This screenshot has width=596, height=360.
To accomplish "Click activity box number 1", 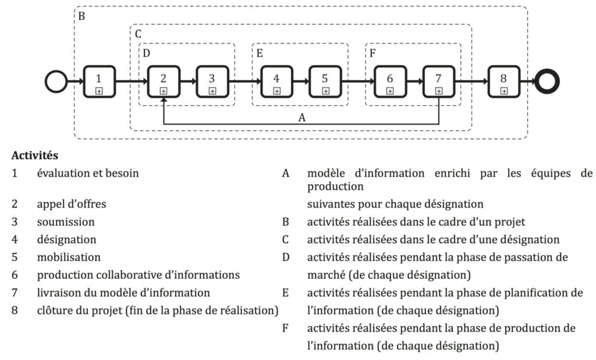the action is (99, 81).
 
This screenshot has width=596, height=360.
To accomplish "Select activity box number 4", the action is (276, 81).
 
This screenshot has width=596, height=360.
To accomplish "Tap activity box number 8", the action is (503, 81).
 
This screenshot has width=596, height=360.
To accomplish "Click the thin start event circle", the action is (56, 81).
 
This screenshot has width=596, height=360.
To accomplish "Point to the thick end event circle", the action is (547, 81).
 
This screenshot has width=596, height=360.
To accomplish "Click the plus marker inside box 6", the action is (390, 91).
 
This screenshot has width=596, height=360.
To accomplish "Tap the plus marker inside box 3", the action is (212, 91).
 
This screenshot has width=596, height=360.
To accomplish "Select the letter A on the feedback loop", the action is (302, 117).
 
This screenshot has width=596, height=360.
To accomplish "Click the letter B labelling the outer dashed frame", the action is (81, 16).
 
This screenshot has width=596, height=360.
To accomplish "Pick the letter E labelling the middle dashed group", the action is (260, 53).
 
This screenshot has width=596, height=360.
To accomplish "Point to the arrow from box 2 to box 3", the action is (188, 81).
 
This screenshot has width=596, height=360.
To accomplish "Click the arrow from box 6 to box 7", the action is (414, 81).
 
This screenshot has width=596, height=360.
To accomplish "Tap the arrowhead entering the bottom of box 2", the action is (164, 100).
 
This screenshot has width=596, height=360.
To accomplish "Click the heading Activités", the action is (34, 155).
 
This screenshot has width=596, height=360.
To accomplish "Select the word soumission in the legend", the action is (66, 222).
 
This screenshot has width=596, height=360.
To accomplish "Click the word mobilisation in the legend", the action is (69, 257).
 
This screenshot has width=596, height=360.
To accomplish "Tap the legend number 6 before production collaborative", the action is (15, 275).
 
